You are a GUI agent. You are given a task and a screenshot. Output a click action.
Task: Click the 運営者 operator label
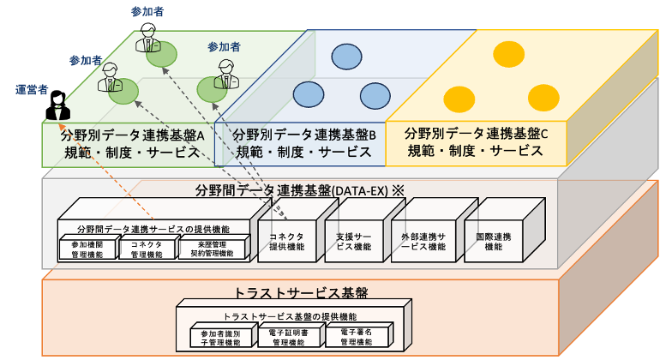coord(31,89)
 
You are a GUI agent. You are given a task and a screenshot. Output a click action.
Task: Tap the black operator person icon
coord(60,111)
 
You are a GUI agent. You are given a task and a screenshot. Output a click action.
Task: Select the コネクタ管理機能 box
coord(146,249)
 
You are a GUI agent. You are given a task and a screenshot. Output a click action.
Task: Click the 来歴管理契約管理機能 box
coord(207,249)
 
